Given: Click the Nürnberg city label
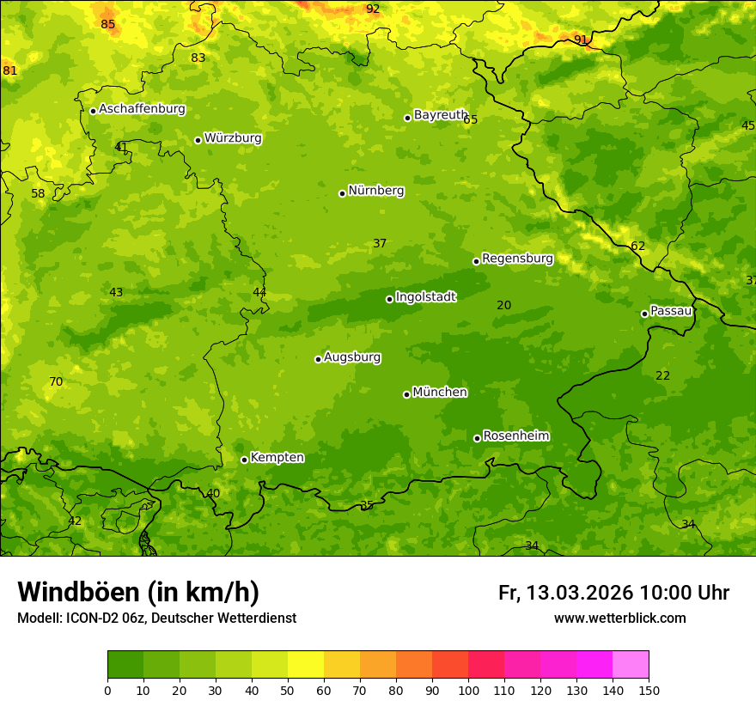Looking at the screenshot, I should click(375, 191).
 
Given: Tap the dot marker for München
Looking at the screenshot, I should click(406, 394).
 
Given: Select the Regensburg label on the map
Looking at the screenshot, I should click(517, 259).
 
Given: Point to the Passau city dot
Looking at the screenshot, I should click(644, 314).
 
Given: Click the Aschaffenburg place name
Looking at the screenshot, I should click(142, 109).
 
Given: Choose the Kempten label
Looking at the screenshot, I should click(277, 458).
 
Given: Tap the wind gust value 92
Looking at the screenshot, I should click(373, 9).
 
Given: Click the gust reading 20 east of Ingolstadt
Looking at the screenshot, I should click(504, 305).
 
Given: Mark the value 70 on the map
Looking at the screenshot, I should click(56, 382).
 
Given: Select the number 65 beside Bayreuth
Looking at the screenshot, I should click(471, 120).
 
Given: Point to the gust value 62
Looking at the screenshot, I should click(637, 247).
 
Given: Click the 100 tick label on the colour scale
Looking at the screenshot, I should click(468, 690).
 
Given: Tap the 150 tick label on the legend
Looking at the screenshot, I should click(649, 690).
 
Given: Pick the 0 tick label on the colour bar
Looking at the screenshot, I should click(107, 690).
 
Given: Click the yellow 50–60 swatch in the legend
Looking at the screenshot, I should click(306, 665).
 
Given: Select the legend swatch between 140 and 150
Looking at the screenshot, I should click(631, 665).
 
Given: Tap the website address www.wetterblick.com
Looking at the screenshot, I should click(619, 619).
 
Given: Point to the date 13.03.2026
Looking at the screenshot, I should click(578, 593).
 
